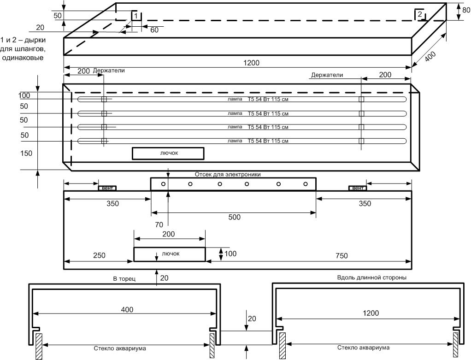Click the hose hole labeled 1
pos(135,15)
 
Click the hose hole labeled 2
pos(419,15)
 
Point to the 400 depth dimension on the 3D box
pos(429,58)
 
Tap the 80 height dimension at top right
pos(465,10)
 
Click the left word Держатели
pos(109,71)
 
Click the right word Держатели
pos(327,75)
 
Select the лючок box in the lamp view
pos(168,153)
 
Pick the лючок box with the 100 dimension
pos(169,254)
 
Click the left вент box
pos(107,188)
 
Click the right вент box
pos(358,188)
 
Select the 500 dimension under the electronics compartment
pos(234,217)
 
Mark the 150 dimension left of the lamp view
pos(26,153)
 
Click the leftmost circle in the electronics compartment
pos(164,184)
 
